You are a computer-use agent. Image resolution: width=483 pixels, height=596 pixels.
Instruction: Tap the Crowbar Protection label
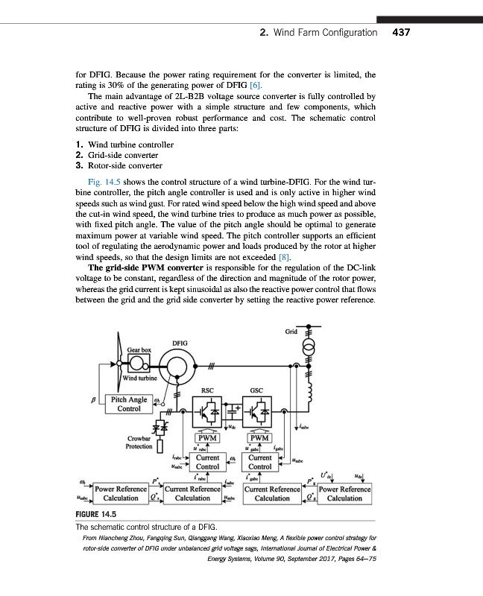[x=139, y=444]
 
